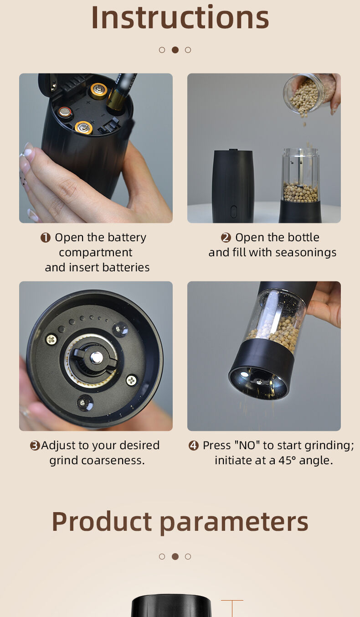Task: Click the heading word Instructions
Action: click(180, 17)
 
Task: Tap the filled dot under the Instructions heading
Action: click(175, 50)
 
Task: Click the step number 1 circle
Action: click(46, 238)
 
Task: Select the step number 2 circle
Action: click(226, 238)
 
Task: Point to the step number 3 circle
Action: click(35, 446)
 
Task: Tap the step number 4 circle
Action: click(194, 446)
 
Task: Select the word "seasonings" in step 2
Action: click(306, 253)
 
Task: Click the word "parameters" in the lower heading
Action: click(234, 523)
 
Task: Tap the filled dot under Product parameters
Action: click(175, 556)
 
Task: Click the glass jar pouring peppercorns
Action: click(305, 93)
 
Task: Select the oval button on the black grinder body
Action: click(234, 211)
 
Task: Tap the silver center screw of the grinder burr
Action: click(97, 357)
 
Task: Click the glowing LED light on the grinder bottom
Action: click(244, 374)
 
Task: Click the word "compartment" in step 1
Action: click(96, 253)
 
